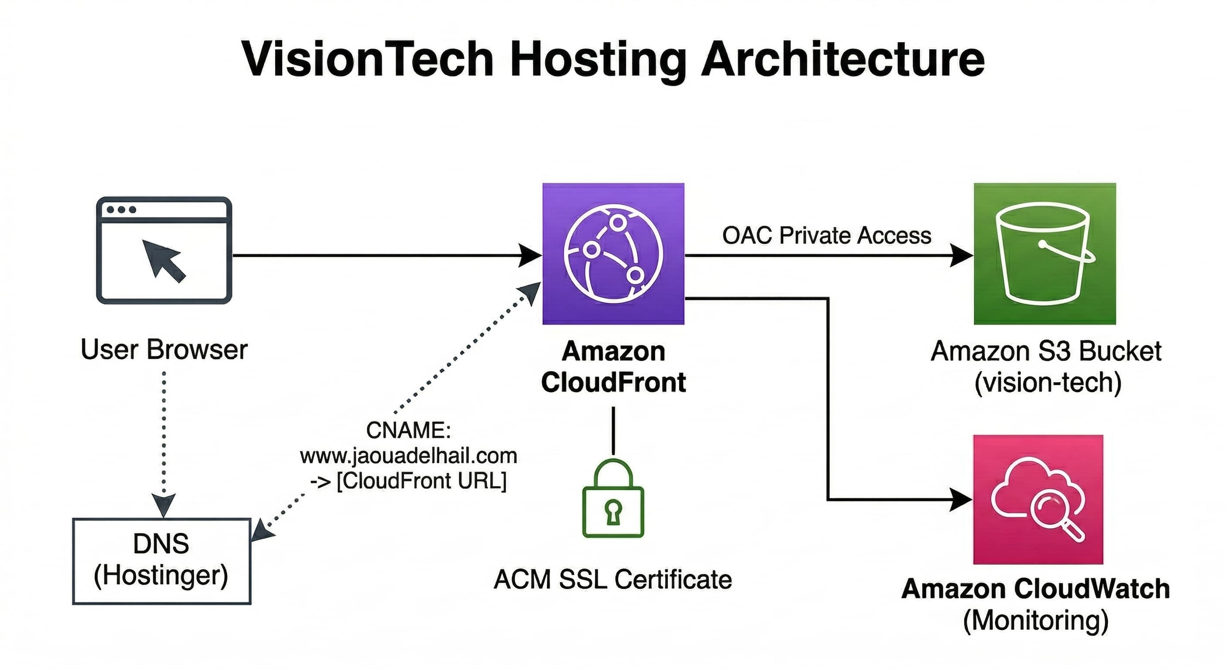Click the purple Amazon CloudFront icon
pyautogui.click(x=613, y=254)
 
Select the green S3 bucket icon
pyautogui.click(x=1045, y=254)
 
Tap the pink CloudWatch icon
pyautogui.click(x=1038, y=499)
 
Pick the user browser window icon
pyautogui.click(x=164, y=250)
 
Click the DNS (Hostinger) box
pyautogui.click(x=162, y=561)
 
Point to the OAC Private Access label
pyautogui.click(x=826, y=235)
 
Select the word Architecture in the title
pyautogui.click(x=842, y=60)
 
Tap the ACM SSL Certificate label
pyautogui.click(x=613, y=580)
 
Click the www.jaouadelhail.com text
pyautogui.click(x=408, y=456)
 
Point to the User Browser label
pyautogui.click(x=164, y=350)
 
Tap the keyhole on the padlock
pyautogui.click(x=613, y=511)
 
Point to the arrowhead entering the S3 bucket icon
pyautogui.click(x=961, y=255)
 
